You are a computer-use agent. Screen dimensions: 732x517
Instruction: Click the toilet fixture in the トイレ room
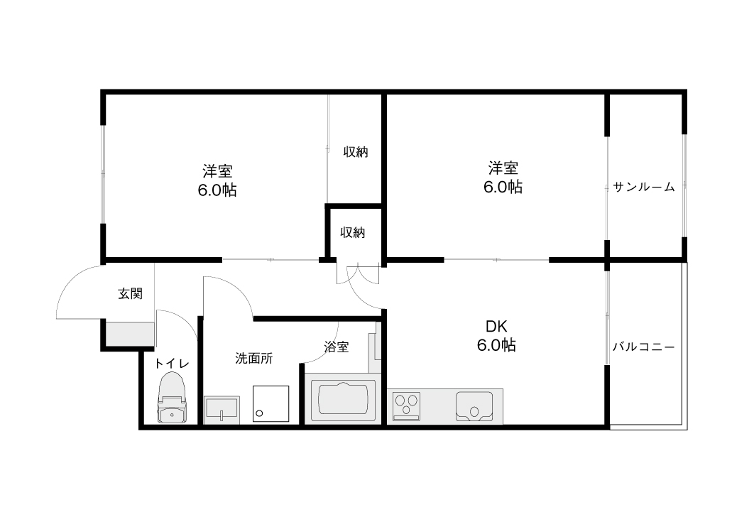pyautogui.click(x=173, y=398)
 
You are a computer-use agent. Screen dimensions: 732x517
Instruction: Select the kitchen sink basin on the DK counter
pyautogui.click(x=474, y=406)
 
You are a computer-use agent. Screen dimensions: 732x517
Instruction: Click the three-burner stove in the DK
pyautogui.click(x=406, y=406)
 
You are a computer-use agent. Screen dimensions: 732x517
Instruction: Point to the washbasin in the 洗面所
pyautogui.click(x=222, y=410)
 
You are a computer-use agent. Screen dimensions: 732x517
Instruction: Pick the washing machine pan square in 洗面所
pyautogui.click(x=271, y=403)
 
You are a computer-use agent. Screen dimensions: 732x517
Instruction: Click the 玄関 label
pyautogui.click(x=130, y=294)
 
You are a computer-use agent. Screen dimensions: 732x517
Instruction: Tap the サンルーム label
pyautogui.click(x=644, y=187)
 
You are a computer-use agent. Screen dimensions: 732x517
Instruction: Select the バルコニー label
pyautogui.click(x=644, y=347)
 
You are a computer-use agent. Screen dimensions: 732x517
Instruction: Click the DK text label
pyautogui.click(x=496, y=326)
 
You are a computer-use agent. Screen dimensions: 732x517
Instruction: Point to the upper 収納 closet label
pyautogui.click(x=356, y=152)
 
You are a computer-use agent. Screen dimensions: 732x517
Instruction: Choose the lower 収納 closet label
pyautogui.click(x=352, y=232)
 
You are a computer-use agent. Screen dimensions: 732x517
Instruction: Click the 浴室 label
pyautogui.click(x=337, y=347)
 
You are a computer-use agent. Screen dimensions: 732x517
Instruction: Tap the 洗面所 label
pyautogui.click(x=254, y=358)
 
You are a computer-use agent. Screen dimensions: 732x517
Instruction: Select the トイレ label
pyautogui.click(x=172, y=364)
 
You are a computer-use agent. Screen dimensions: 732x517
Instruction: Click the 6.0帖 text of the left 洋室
pyautogui.click(x=217, y=190)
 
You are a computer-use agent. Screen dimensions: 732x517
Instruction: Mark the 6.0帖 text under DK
pyautogui.click(x=496, y=345)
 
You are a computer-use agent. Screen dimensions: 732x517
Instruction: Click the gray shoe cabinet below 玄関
pyautogui.click(x=130, y=334)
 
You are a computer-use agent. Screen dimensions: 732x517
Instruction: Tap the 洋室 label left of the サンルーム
pyautogui.click(x=503, y=168)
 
